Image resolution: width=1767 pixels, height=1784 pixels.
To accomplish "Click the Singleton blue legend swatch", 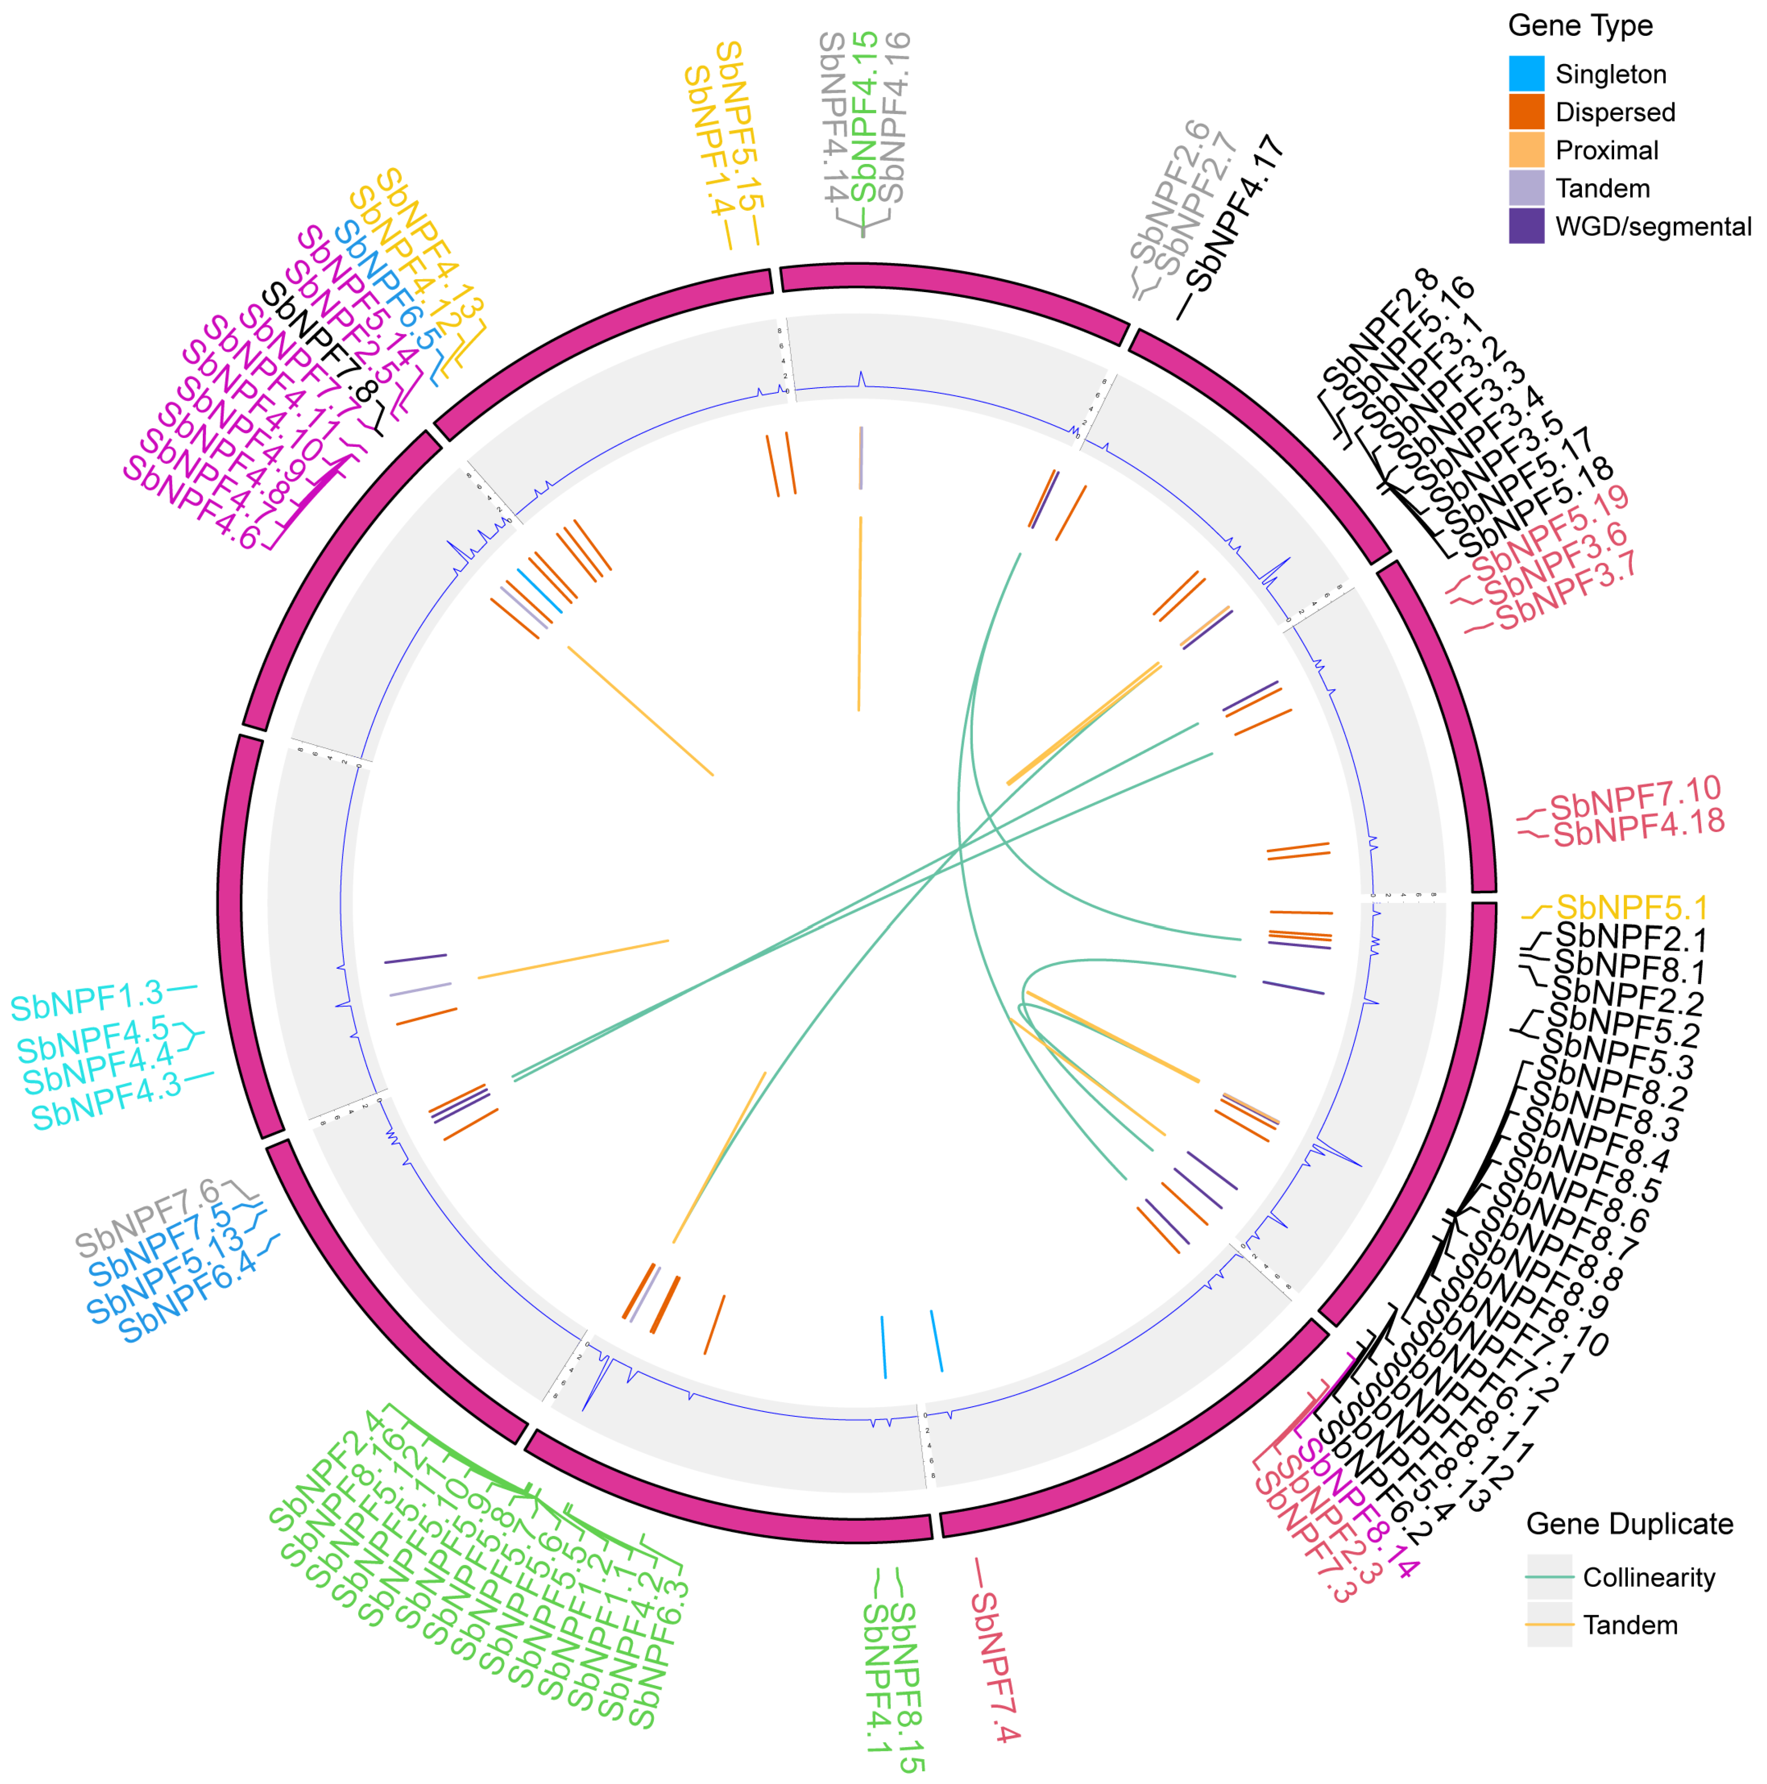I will (x=1526, y=74).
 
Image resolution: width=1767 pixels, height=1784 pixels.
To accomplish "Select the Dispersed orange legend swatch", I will (x=1526, y=112).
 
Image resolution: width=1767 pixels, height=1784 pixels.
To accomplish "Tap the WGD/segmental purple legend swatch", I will (x=1526, y=226).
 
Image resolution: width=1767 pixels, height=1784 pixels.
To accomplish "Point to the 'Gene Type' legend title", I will (x=1580, y=26).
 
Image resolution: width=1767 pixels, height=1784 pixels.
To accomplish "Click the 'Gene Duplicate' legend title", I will (x=1630, y=1524).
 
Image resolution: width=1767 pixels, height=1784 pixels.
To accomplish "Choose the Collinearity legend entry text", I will (x=1649, y=1577).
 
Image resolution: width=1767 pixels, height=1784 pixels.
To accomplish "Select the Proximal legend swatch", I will (x=1526, y=150).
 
